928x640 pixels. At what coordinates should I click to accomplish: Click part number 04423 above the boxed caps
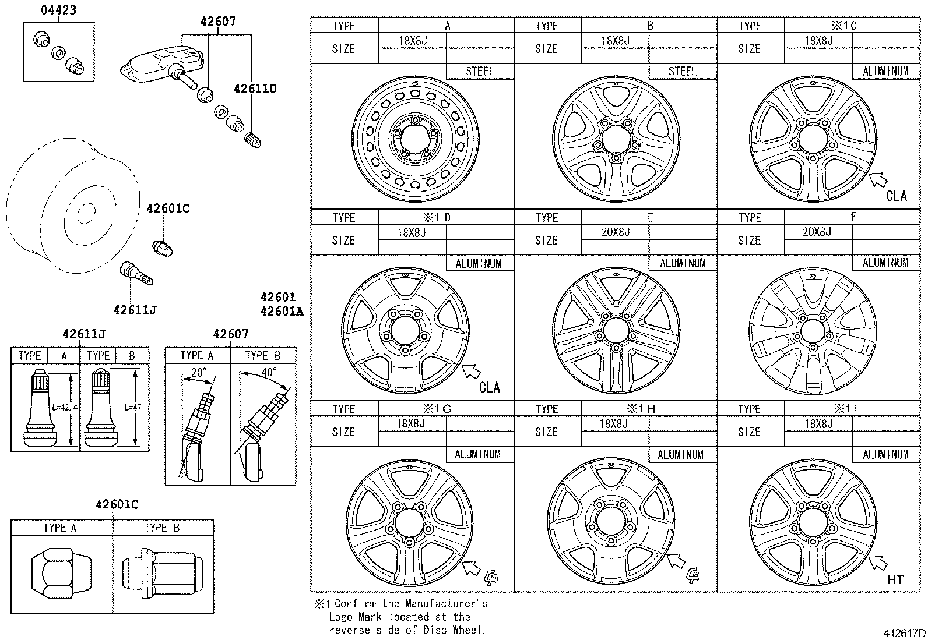point(58,10)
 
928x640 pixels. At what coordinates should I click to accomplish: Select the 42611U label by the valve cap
point(255,89)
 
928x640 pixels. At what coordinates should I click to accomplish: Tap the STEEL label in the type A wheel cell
point(480,72)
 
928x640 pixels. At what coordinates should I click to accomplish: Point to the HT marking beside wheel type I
point(895,579)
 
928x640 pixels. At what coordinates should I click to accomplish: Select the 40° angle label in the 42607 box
point(269,372)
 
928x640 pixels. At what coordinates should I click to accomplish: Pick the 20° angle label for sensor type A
point(199,372)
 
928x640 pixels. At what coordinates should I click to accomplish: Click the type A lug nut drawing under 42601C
point(61,573)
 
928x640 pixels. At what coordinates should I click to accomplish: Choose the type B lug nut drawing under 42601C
point(163,573)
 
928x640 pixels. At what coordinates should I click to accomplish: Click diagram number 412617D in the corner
point(903,633)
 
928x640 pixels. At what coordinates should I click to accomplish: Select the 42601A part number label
point(282,311)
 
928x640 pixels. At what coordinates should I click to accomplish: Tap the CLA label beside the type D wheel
point(489,387)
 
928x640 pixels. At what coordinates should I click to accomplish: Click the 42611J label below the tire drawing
point(135,310)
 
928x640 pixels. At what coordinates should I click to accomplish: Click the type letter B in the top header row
point(650,26)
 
